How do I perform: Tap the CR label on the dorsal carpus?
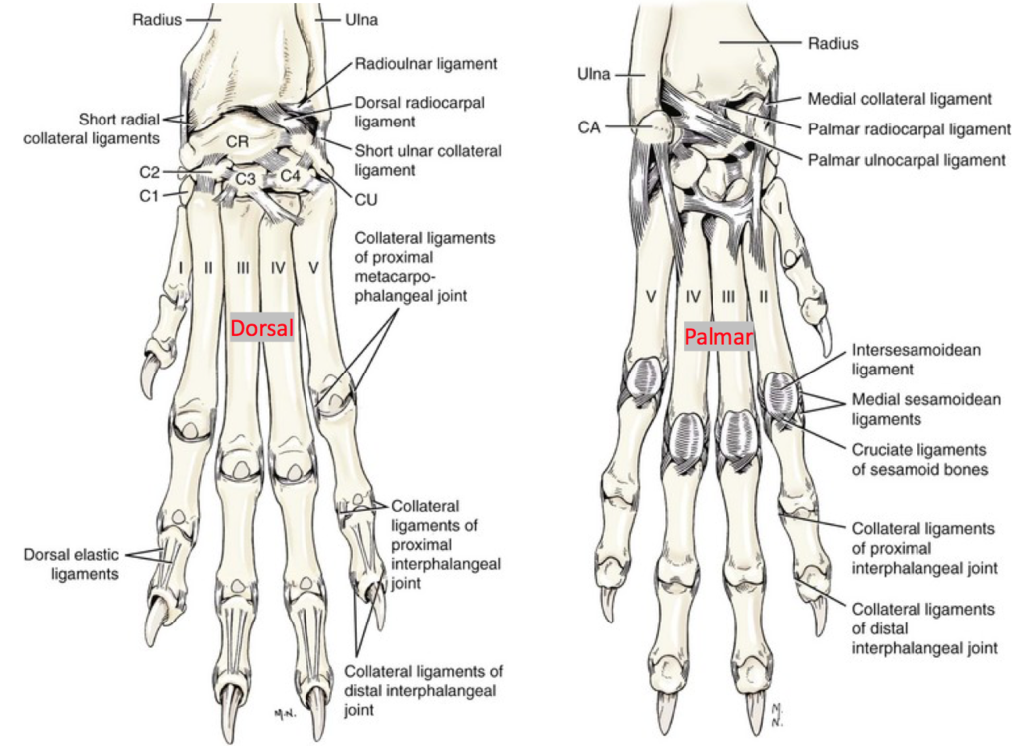(237, 142)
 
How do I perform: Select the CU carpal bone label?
(365, 200)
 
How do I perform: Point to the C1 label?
(149, 195)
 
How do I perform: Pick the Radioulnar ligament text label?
(425, 64)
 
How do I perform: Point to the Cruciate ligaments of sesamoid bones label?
(918, 459)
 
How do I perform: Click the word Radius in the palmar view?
(833, 43)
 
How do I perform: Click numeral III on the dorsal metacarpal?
(241, 269)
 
